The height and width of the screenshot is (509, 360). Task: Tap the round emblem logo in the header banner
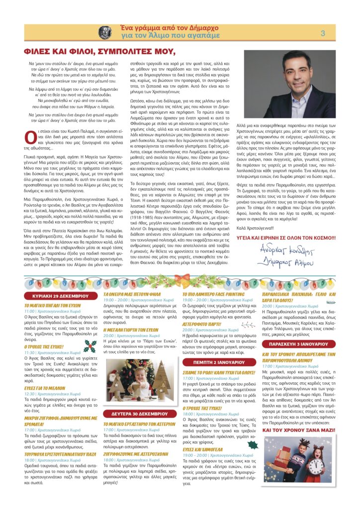tap(105, 33)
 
